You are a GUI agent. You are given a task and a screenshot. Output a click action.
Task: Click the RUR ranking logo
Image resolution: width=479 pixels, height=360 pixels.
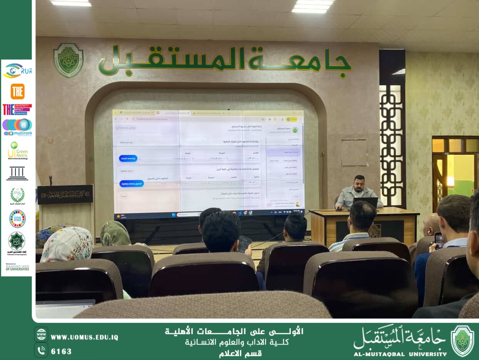18,71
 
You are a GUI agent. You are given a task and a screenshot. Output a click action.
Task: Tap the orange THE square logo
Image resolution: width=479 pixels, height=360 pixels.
17,91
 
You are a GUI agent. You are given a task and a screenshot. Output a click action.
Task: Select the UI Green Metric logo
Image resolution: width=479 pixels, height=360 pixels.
17,151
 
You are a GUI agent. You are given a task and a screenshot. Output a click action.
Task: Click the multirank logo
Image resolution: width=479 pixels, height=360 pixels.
17,127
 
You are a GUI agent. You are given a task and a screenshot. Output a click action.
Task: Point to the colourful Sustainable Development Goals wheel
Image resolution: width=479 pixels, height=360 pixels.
17,219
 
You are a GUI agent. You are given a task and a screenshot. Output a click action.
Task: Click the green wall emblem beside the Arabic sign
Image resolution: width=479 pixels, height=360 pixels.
69,60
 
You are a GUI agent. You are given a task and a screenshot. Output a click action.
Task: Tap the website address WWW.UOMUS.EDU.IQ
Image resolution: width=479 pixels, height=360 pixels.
84,337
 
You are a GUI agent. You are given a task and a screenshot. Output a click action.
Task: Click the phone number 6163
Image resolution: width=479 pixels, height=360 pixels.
61,351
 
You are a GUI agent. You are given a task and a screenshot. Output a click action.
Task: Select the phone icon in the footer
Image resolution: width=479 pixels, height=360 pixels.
41,350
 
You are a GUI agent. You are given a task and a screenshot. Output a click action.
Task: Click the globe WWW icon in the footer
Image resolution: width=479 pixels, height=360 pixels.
41,335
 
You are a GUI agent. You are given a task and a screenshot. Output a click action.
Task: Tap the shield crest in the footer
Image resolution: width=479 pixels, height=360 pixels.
462,341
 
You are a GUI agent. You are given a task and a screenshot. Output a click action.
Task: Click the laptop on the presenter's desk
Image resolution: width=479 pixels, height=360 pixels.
365,203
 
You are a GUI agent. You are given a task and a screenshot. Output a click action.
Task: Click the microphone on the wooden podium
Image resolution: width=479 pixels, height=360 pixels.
50,180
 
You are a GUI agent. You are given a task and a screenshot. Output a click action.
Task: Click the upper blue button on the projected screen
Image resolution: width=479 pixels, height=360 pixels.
129,158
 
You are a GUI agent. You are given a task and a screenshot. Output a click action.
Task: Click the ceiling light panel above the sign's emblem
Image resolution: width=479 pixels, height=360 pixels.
70,3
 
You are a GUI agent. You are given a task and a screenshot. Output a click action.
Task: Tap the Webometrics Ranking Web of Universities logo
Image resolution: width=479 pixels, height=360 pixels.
17,267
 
